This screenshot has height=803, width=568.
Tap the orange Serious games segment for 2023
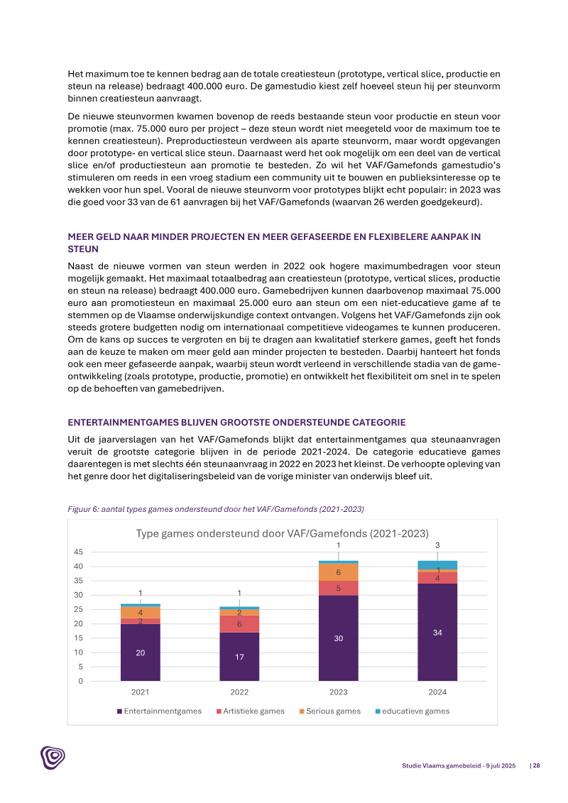339,572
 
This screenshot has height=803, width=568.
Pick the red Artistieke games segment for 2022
239,624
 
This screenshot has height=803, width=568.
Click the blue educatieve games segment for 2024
437,564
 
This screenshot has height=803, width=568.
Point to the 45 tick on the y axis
78,552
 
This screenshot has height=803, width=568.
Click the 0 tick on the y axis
80,682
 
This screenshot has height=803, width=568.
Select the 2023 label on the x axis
339,692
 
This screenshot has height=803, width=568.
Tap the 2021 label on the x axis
140,692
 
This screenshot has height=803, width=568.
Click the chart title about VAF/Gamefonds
283,534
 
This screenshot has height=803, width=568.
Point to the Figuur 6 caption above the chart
216,508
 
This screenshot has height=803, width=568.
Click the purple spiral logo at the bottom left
53,758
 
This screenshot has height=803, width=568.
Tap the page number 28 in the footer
537,765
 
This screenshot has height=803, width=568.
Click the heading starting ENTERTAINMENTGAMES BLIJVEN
236,422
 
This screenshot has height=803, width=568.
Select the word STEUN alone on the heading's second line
83,249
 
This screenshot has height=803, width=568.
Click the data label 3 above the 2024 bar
437,545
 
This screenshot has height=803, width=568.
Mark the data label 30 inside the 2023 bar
339,638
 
